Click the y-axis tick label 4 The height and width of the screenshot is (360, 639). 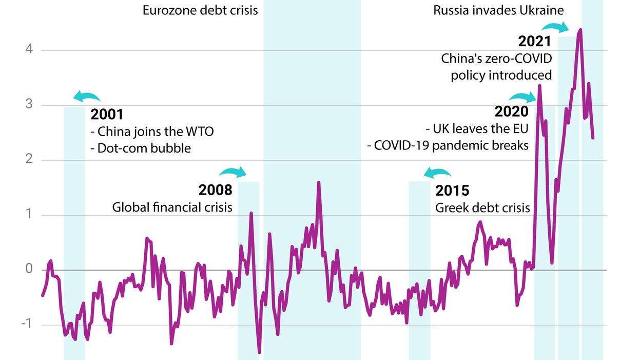[x=29, y=50]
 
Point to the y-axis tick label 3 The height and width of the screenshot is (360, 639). [x=29, y=105]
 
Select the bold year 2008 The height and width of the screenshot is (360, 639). [x=216, y=191]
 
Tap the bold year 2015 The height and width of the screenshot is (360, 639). [x=452, y=191]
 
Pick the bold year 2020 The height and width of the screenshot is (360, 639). [x=511, y=111]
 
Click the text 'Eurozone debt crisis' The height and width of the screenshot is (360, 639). [x=200, y=10]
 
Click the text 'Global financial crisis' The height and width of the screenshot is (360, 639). [x=172, y=207]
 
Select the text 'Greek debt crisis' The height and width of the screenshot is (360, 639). [x=482, y=207]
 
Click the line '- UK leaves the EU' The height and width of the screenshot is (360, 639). [x=477, y=128]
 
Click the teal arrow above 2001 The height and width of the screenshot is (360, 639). [x=87, y=96]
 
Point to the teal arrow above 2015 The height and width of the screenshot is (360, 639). [x=437, y=173]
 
